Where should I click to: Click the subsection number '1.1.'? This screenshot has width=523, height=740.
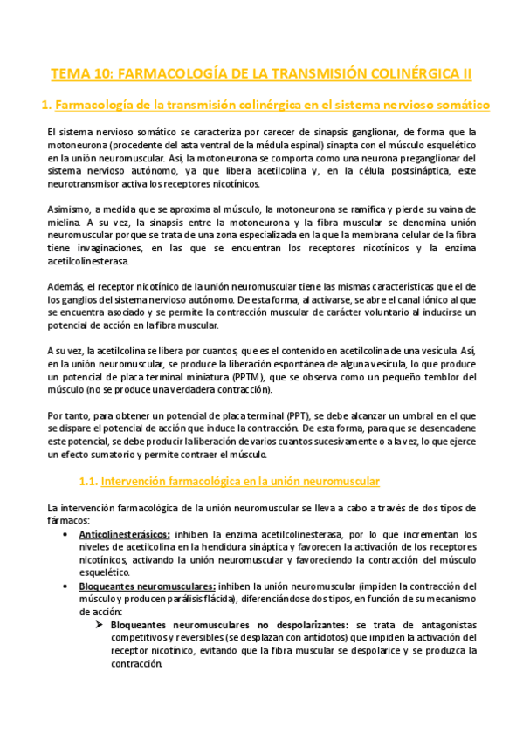pyautogui.click(x=88, y=481)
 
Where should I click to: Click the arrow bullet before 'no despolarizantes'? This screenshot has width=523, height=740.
pyautogui.click(x=101, y=625)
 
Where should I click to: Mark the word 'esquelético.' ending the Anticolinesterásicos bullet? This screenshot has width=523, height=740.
pyautogui.click(x=104, y=572)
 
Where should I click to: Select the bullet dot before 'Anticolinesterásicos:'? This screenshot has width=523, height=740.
pyautogui.click(x=68, y=533)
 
